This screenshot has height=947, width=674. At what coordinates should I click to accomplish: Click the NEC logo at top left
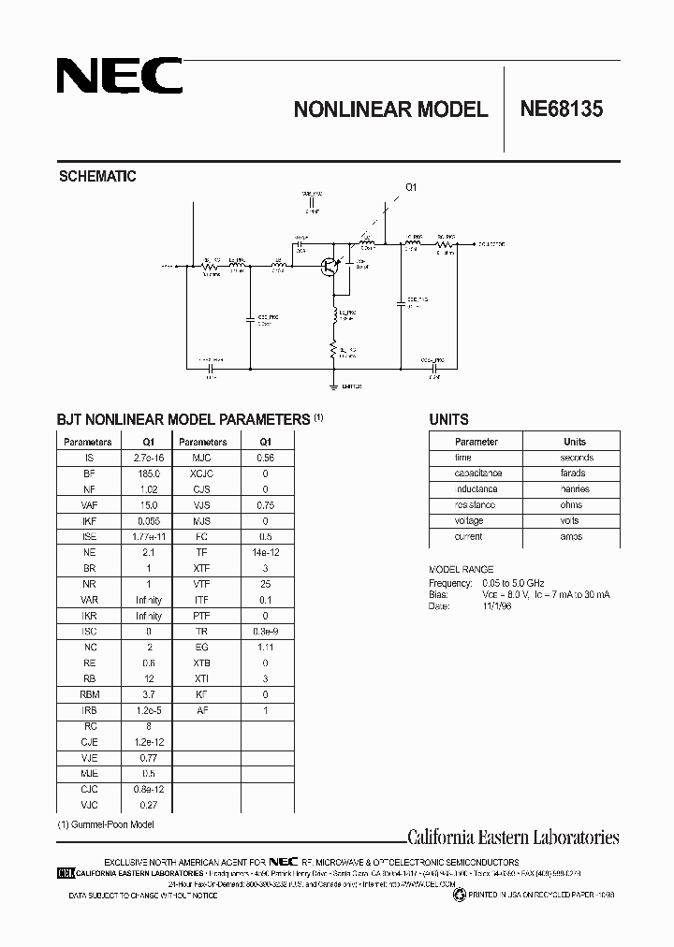(x=119, y=76)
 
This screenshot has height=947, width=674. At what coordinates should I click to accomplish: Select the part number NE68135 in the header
(x=562, y=109)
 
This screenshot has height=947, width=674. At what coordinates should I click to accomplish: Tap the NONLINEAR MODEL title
(x=390, y=109)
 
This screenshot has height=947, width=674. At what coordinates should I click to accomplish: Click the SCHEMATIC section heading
(x=97, y=176)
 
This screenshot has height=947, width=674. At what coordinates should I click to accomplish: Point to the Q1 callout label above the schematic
(x=410, y=187)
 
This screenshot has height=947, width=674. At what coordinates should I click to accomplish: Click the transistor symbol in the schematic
(x=329, y=267)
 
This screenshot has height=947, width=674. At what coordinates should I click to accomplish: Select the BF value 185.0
(x=148, y=474)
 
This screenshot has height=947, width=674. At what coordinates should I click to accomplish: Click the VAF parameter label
(x=89, y=505)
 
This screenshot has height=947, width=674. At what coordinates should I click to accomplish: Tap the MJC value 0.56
(x=265, y=459)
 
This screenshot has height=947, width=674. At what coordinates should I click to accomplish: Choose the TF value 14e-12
(x=265, y=553)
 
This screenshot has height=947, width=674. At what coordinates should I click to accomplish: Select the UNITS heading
(x=448, y=420)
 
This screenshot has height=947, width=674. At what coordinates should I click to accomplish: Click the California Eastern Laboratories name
(x=513, y=838)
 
